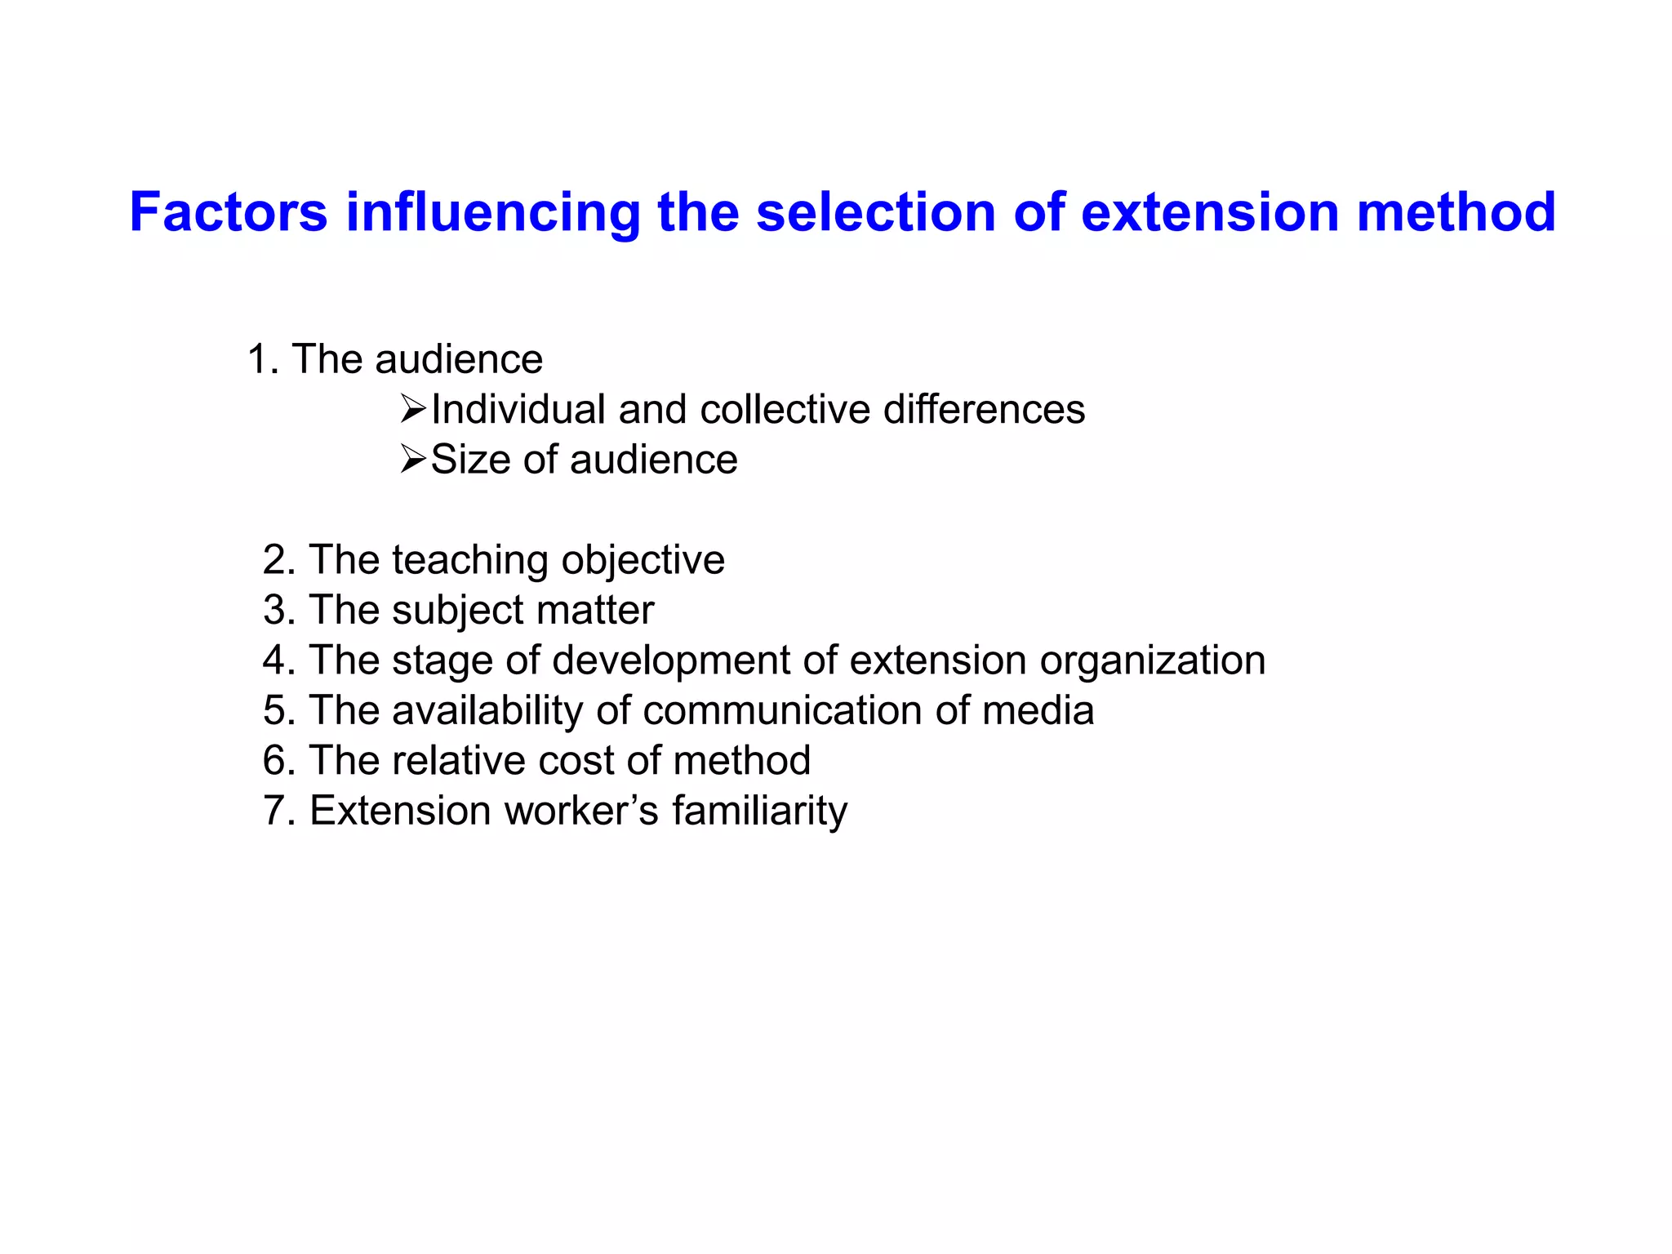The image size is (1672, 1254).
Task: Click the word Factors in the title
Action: (228, 212)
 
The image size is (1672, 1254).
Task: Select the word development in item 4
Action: (671, 660)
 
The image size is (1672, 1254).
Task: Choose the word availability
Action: (487, 711)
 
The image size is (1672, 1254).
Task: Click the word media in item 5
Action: (1038, 710)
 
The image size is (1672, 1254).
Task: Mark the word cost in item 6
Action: (578, 761)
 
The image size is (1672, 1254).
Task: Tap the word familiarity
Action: (759, 812)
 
